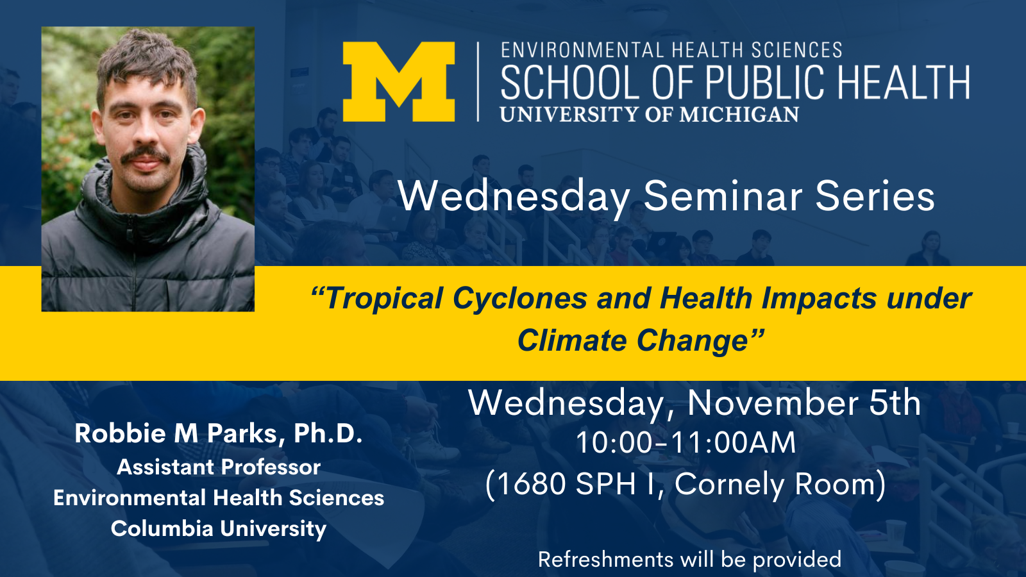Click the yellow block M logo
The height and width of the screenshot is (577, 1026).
[x=399, y=81]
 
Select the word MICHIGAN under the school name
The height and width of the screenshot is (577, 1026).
[x=739, y=115]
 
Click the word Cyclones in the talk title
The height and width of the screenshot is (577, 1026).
[x=520, y=298]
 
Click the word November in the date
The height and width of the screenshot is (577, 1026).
[x=773, y=403]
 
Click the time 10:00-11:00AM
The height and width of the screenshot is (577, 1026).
[x=685, y=443]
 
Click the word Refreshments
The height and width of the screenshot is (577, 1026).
[x=605, y=559]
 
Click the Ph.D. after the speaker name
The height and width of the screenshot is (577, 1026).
[x=328, y=433]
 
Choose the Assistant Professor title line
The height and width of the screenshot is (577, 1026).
[x=219, y=467]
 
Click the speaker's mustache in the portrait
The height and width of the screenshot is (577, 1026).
[x=146, y=156]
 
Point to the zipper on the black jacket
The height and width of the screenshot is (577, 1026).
[x=133, y=261]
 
